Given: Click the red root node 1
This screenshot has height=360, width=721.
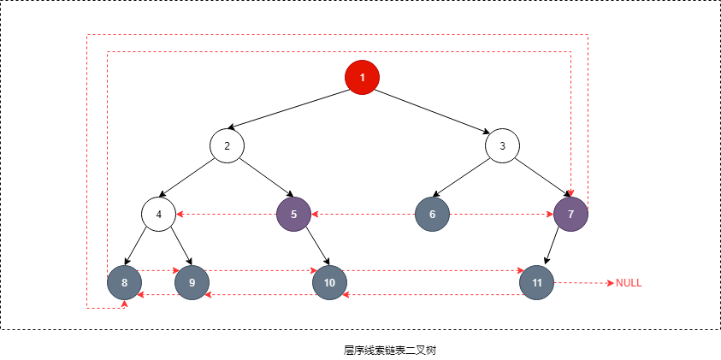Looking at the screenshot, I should (362, 78).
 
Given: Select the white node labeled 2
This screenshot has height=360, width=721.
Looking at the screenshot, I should (227, 145).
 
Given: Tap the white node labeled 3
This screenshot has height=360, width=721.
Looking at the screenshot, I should (502, 145).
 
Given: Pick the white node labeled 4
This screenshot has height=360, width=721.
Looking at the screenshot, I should (158, 214).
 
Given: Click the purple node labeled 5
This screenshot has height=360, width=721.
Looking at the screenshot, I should (293, 214).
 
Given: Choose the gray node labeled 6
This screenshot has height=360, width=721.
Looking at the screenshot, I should (432, 214).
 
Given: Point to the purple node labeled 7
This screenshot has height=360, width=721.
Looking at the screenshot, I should (570, 214).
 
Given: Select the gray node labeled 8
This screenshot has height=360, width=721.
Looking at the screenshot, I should (125, 282).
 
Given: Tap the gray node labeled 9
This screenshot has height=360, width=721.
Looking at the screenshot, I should (192, 282).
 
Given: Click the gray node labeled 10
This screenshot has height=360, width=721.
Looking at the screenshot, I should (329, 282).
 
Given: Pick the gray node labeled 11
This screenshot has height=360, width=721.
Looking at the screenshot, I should (536, 282).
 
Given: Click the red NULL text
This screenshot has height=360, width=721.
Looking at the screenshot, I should (629, 283).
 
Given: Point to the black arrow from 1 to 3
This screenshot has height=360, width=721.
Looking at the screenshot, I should (432, 109).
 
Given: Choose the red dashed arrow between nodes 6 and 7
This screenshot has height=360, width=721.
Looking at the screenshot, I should (501, 214).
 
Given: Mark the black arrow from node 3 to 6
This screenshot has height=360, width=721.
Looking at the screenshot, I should (467, 180).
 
